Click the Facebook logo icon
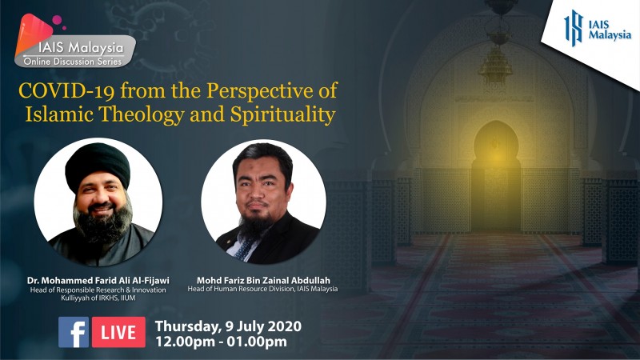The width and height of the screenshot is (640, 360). coord(74,332)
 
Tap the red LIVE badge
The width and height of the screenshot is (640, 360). coord(118,332)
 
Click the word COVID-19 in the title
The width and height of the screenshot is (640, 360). coord(66,90)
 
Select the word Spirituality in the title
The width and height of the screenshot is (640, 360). coord(283,114)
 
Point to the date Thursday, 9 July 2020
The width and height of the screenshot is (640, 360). coord(228,326)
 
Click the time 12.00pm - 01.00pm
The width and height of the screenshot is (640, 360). coord(221,342)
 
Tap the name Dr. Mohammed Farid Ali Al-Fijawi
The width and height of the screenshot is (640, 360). coord(98,281)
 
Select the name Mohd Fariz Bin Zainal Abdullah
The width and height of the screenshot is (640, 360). coord(263,281)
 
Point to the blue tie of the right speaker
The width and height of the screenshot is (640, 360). coord(245,248)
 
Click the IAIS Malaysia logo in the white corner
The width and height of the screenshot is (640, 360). coord(598,28)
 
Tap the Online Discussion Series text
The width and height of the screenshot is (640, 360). coord(73,62)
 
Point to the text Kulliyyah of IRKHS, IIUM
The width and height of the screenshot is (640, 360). coord(98,298)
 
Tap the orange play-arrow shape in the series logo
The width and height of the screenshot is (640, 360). coord(32,34)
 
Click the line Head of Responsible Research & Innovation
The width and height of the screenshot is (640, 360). coord(98,290)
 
